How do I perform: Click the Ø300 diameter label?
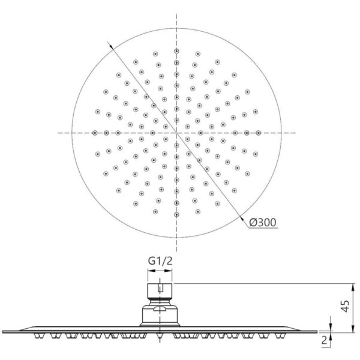[263, 222]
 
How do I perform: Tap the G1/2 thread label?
[160, 261]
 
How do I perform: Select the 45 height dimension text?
[345, 306]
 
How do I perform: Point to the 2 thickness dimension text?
[324, 340]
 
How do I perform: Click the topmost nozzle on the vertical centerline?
[176, 51]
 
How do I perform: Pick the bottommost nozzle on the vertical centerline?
[176, 215]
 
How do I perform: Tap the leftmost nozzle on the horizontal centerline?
[95, 133]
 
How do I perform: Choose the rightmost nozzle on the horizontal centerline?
[259, 133]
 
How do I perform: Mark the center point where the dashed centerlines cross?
[176, 133]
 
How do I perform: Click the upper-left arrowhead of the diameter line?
[112, 46]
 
